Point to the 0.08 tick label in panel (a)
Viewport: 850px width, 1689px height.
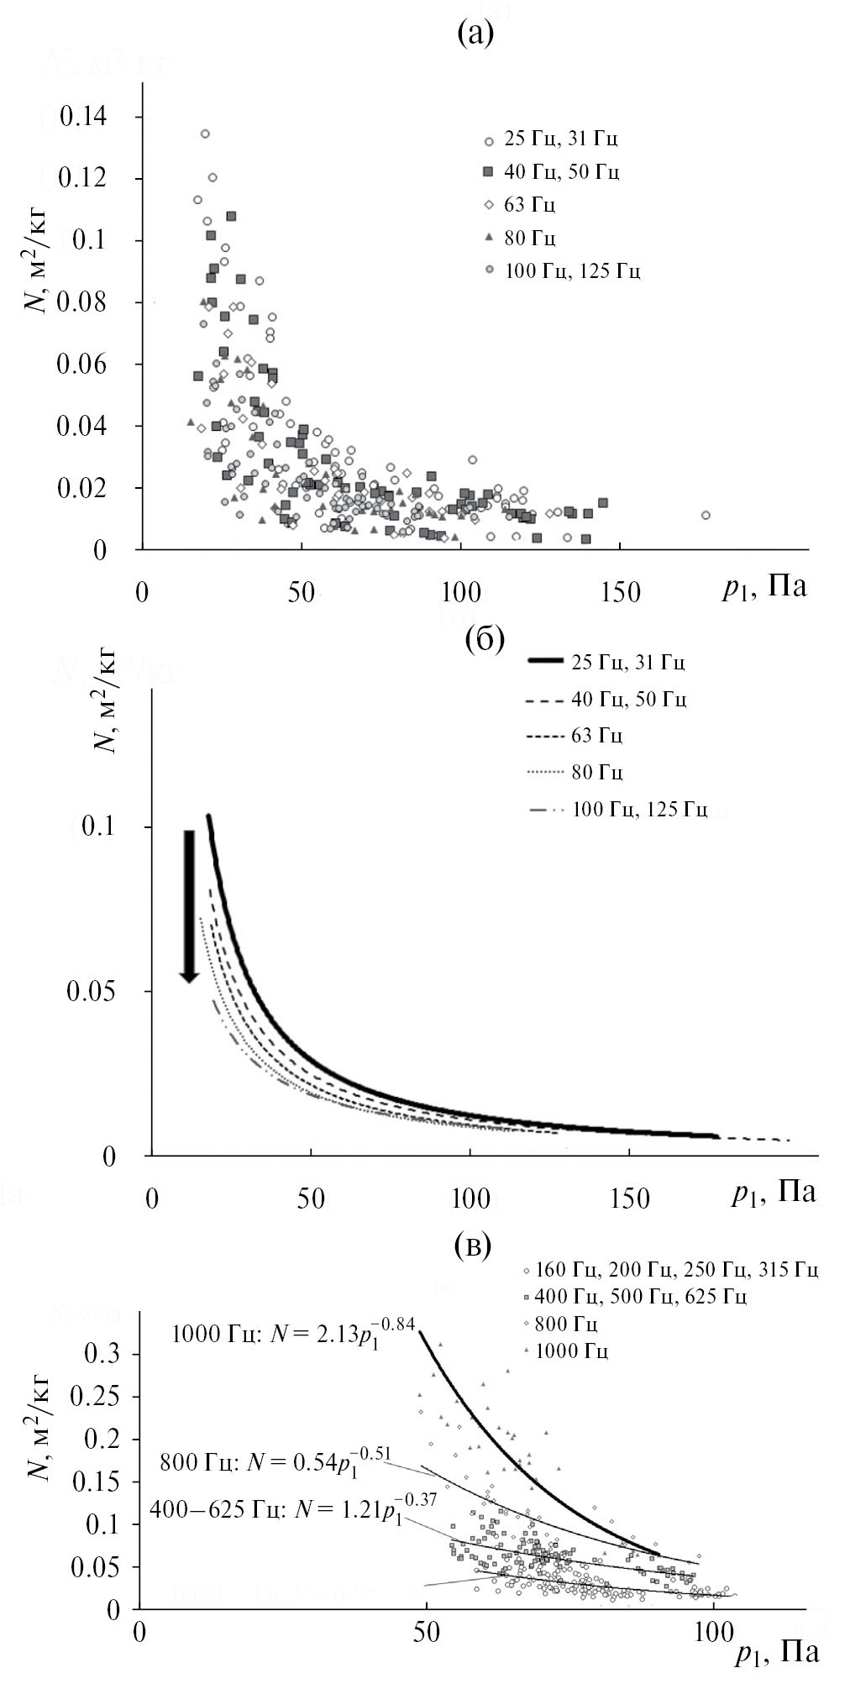[x=83, y=302]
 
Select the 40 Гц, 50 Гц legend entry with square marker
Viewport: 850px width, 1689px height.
[x=552, y=172]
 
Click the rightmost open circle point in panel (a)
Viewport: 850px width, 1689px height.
[x=706, y=515]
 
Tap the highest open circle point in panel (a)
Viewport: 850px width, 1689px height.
[x=204, y=134]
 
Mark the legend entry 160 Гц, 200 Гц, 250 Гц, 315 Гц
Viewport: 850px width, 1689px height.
[x=669, y=1269]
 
